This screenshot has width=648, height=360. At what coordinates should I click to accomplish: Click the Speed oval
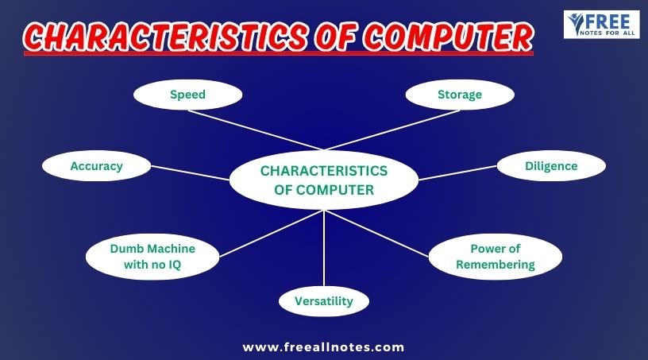[x=187, y=95]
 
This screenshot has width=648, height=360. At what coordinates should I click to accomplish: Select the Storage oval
[x=460, y=95]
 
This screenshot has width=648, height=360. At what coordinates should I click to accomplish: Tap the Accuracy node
[x=97, y=166]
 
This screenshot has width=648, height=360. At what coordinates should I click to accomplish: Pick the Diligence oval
[x=551, y=166]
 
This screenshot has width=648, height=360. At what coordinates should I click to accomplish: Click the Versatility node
[x=324, y=301]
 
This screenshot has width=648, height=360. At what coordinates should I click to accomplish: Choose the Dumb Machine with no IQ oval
[x=152, y=257]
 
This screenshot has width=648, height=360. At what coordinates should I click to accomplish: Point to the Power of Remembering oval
[x=496, y=257]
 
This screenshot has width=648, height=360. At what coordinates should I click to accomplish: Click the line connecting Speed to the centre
[x=256, y=130]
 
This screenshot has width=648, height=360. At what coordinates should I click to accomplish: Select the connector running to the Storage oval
[x=392, y=130]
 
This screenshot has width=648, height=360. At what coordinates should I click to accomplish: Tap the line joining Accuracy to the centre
[x=190, y=173]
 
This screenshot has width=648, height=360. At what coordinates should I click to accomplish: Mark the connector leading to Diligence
[x=458, y=173]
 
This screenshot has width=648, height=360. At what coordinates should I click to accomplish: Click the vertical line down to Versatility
[x=324, y=248]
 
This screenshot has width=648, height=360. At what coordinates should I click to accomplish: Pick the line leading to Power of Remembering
[x=376, y=234]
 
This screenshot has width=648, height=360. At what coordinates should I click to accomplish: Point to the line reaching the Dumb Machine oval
[x=272, y=234]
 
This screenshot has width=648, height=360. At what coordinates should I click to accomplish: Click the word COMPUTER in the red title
[x=449, y=37]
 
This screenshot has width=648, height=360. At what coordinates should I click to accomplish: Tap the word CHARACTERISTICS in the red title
[x=165, y=37]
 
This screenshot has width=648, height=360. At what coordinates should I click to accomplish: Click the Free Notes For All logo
[x=601, y=25]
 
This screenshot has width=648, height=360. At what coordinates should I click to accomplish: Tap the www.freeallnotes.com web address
[x=323, y=347]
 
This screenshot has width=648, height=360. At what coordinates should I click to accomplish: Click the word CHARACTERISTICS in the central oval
[x=324, y=171]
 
